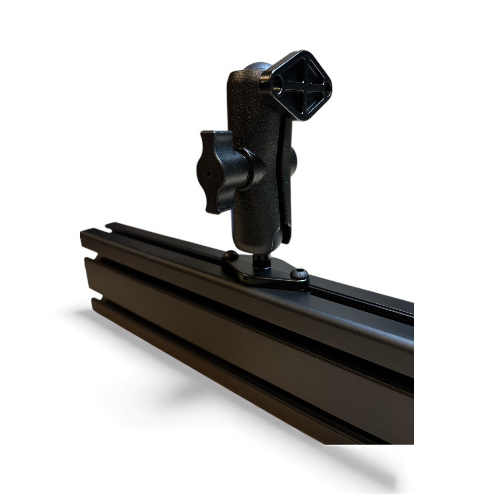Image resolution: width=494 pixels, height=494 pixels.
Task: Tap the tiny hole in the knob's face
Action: (209, 173)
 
